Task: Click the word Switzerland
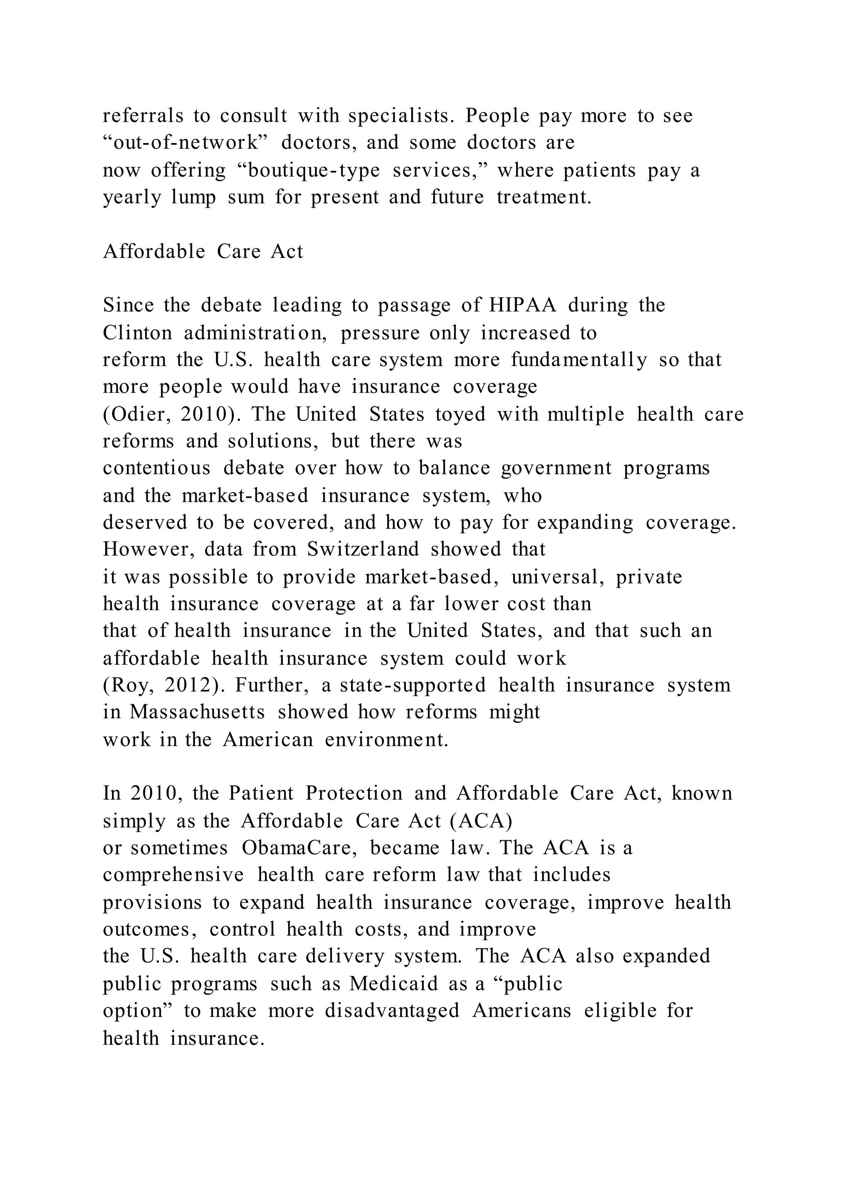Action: coord(363,549)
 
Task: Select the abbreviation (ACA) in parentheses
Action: coord(480,821)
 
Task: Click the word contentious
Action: coord(157,468)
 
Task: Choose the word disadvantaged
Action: coord(392,1010)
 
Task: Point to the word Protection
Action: coord(354,793)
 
